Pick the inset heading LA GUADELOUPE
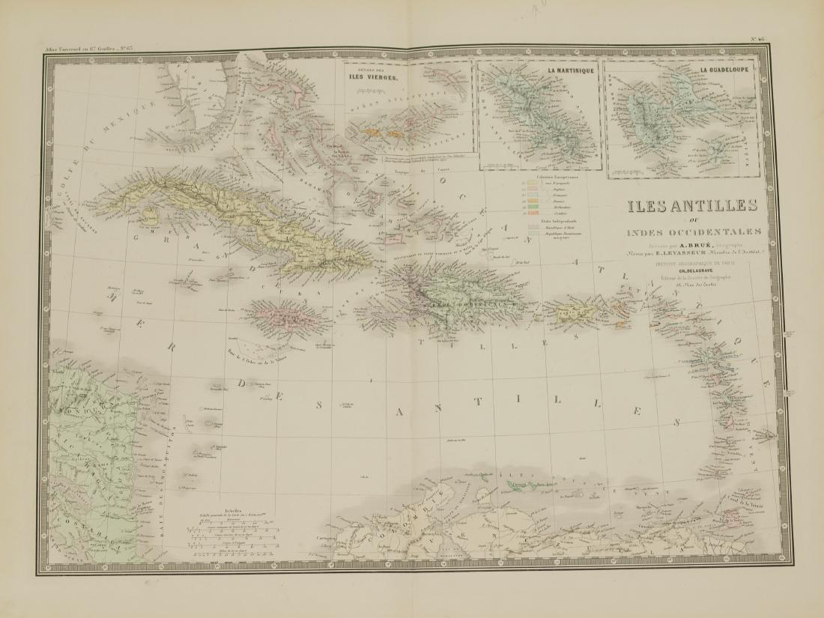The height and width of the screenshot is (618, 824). (x=726, y=72)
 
